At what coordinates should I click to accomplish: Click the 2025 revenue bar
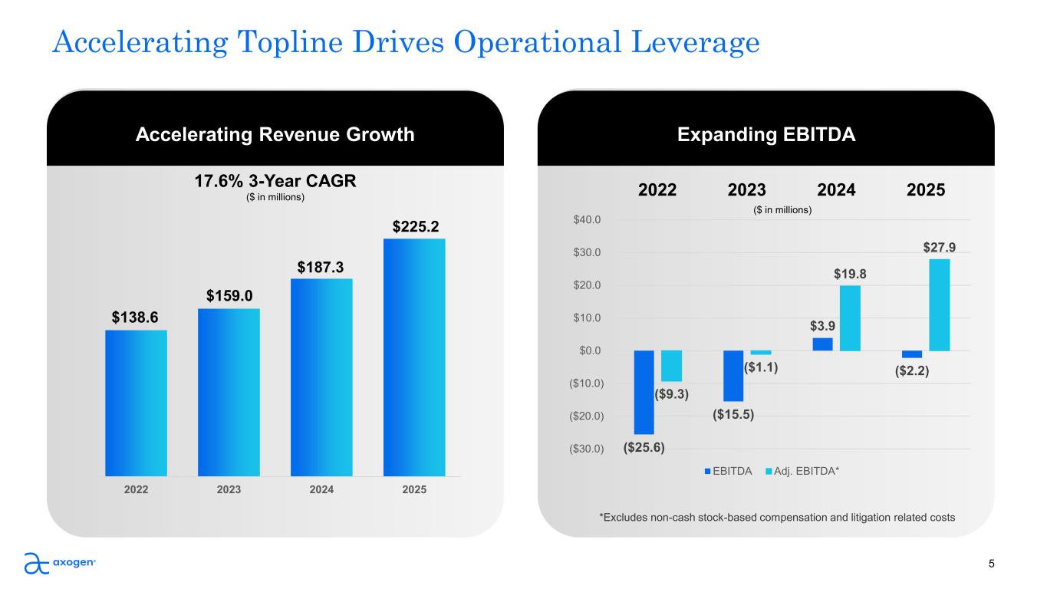click(x=414, y=357)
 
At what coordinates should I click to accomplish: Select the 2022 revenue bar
click(x=136, y=403)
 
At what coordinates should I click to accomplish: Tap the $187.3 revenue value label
click(x=320, y=268)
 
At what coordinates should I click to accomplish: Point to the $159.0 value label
click(x=229, y=296)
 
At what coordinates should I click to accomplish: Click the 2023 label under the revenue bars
click(x=229, y=489)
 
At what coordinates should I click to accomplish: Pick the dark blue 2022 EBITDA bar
click(x=644, y=392)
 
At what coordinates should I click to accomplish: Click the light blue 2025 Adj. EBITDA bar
click(x=940, y=304)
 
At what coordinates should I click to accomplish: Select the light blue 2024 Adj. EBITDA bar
click(x=850, y=318)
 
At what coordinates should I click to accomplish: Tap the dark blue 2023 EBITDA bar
click(x=733, y=376)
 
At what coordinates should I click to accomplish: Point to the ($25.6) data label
click(x=644, y=447)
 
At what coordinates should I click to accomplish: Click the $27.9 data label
click(x=939, y=247)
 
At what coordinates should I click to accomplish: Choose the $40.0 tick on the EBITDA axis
click(x=587, y=219)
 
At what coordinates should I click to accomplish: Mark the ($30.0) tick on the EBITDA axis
click(x=586, y=449)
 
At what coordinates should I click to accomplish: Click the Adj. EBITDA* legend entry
click(x=802, y=471)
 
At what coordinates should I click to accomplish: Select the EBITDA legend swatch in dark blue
click(x=707, y=472)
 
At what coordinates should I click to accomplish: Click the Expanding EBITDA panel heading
click(x=766, y=135)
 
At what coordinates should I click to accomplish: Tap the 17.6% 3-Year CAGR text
click(x=275, y=181)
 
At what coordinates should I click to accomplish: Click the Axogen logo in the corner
click(x=59, y=563)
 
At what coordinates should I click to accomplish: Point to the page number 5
click(x=991, y=564)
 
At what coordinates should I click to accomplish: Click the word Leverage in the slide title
click(x=696, y=42)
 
